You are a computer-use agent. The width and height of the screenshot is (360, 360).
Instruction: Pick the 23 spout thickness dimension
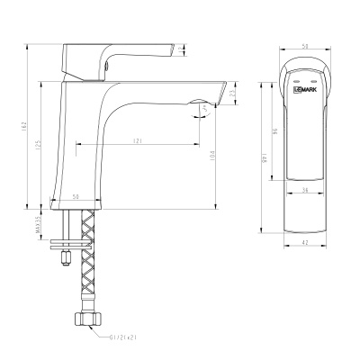click(233, 91)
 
